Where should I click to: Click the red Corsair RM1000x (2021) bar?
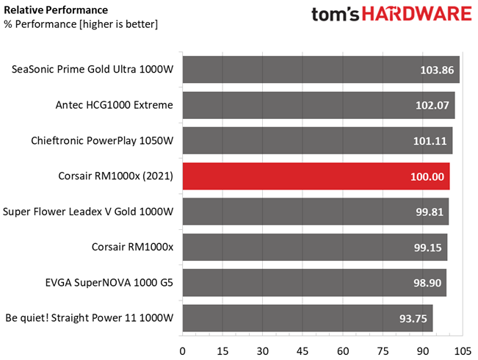316,177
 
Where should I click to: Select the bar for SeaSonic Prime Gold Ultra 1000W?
320,71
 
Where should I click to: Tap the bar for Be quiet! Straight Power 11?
307,319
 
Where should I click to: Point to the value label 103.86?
436,71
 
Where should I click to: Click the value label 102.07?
432,107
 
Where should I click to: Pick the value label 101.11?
430,142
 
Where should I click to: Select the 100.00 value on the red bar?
427,177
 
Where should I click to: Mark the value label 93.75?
412,319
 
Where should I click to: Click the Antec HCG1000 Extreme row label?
114,106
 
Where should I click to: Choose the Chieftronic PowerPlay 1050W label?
102,141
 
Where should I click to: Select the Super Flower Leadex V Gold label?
88,212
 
